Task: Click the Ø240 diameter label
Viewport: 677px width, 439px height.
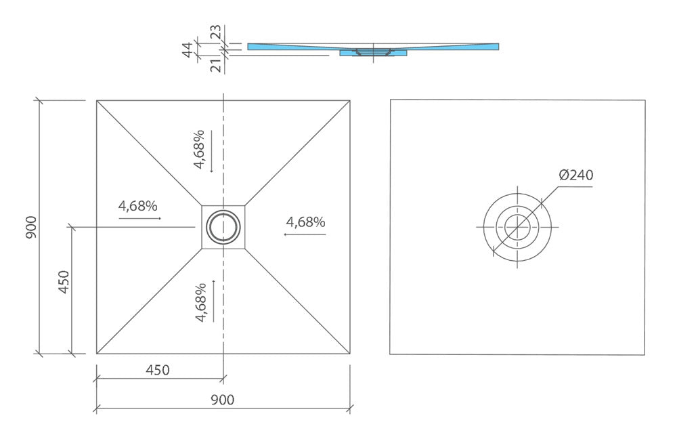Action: [576, 175]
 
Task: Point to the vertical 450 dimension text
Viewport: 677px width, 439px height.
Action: [64, 282]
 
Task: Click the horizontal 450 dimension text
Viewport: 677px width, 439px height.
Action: [157, 370]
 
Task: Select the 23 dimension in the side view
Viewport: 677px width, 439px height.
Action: [215, 33]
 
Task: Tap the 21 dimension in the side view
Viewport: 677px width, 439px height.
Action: [215, 65]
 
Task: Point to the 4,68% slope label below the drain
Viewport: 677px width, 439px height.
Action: [200, 302]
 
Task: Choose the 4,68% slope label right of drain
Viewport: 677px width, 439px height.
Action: [305, 222]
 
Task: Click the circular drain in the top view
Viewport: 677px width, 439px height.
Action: [223, 226]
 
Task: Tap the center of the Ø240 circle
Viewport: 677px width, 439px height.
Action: [517, 226]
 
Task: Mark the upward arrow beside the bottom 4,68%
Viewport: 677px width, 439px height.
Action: [214, 299]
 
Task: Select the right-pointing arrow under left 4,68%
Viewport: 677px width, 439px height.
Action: [140, 219]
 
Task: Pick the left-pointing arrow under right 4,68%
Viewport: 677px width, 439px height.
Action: [305, 234]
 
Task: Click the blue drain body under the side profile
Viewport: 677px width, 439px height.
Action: [372, 53]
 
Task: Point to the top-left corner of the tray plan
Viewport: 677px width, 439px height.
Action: [97, 101]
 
